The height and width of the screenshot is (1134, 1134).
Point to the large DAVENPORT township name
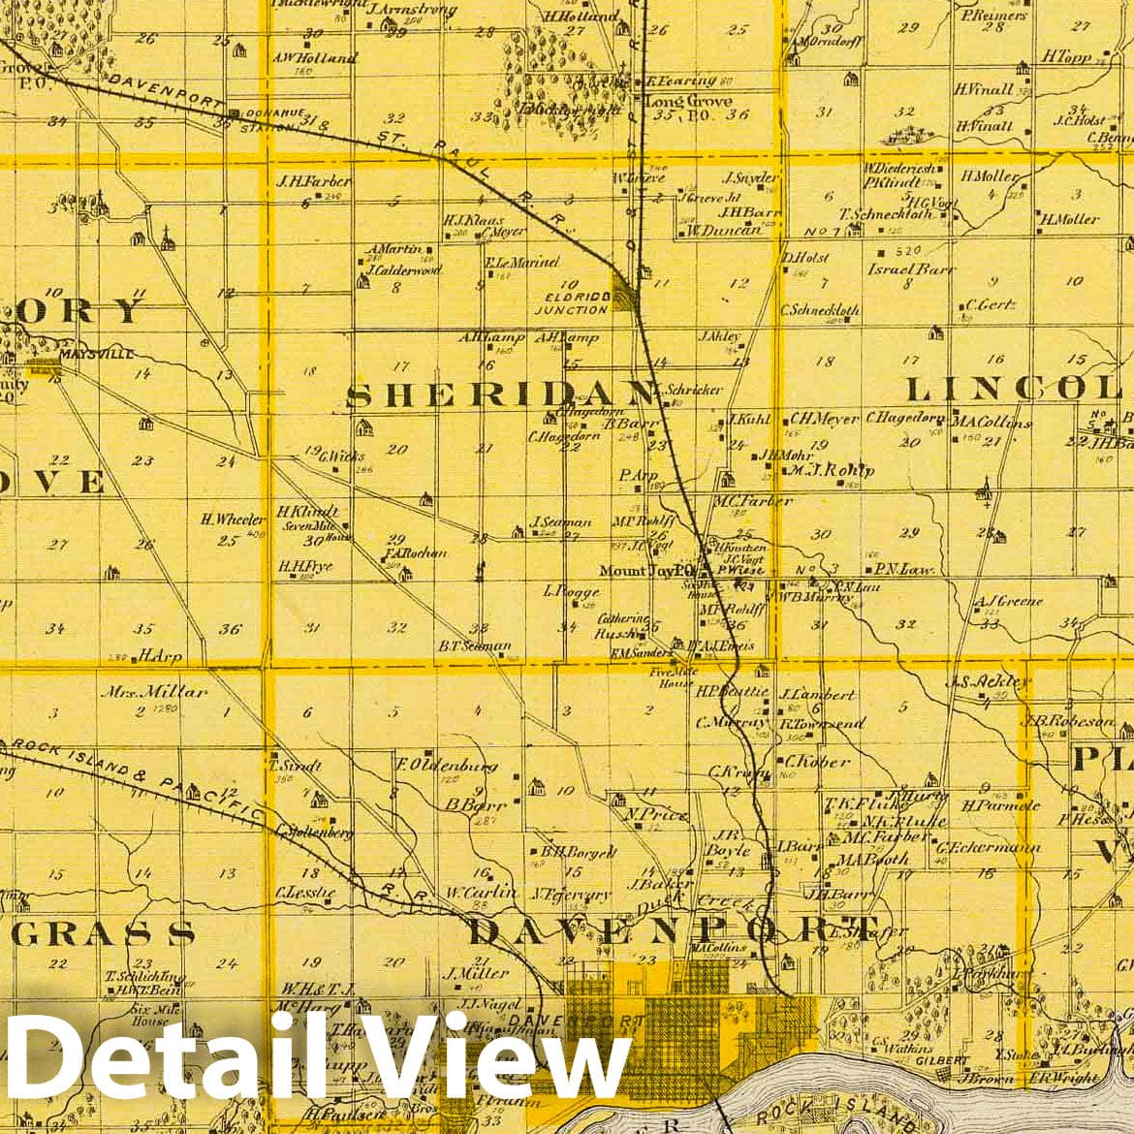(x=674, y=930)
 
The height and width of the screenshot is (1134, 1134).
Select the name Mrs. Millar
(x=160, y=692)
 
